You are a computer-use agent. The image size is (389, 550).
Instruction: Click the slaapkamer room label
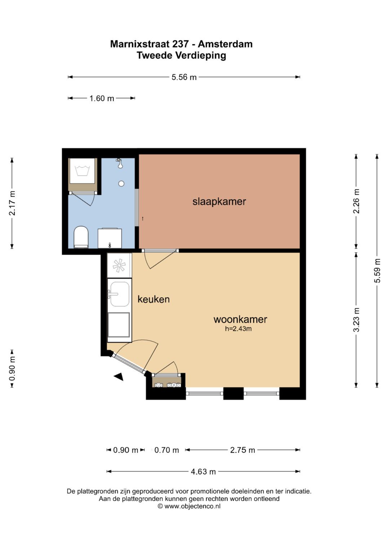[219, 202]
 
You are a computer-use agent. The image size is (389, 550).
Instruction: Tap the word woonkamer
[240, 319]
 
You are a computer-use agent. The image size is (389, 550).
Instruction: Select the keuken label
[153, 299]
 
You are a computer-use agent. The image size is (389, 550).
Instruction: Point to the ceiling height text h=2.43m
[238, 328]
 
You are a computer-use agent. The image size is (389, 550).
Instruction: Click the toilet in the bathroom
[81, 237]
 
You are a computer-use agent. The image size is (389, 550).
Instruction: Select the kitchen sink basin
[120, 294]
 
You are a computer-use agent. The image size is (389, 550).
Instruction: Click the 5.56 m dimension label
[184, 77]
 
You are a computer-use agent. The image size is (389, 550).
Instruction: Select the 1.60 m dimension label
[102, 98]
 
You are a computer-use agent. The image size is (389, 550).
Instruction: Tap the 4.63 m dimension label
[203, 471]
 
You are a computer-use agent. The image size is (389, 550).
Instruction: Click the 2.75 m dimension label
[242, 450]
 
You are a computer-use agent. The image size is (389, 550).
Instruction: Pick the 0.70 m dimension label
[166, 450]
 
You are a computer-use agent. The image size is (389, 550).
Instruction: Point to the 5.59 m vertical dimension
[377, 271]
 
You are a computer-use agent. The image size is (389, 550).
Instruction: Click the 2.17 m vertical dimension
[12, 204]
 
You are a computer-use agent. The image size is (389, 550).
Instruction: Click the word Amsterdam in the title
[225, 44]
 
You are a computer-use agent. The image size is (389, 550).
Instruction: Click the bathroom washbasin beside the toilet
[110, 238]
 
